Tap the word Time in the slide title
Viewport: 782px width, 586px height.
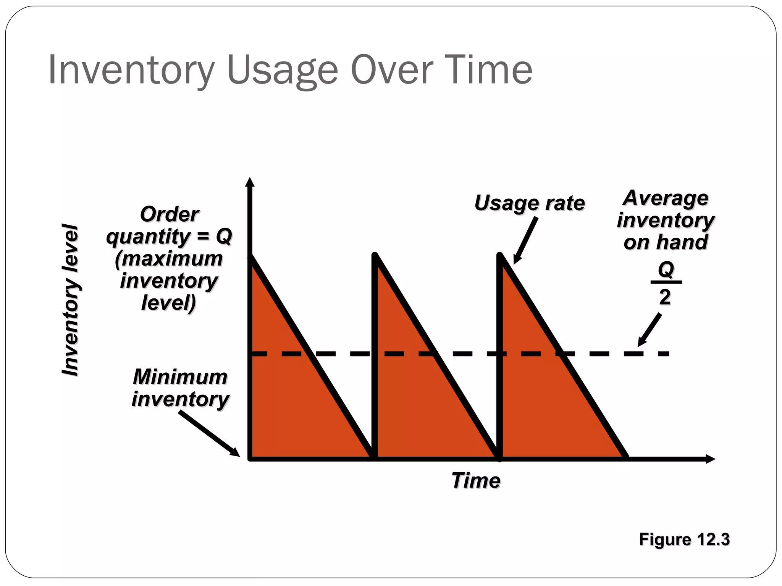coord(489,70)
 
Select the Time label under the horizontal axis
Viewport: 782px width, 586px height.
coord(476,480)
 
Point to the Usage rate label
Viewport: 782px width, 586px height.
coord(529,203)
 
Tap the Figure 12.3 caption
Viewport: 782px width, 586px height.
coord(684,539)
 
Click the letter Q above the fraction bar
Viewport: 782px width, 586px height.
coord(666,270)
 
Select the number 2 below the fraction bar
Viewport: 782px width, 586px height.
coord(665,297)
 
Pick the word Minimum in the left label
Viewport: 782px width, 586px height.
coord(180,377)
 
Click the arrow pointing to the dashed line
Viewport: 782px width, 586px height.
coord(650,330)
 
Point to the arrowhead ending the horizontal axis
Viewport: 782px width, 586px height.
coord(710,459)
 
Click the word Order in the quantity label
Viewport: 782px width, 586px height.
coord(169,214)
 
